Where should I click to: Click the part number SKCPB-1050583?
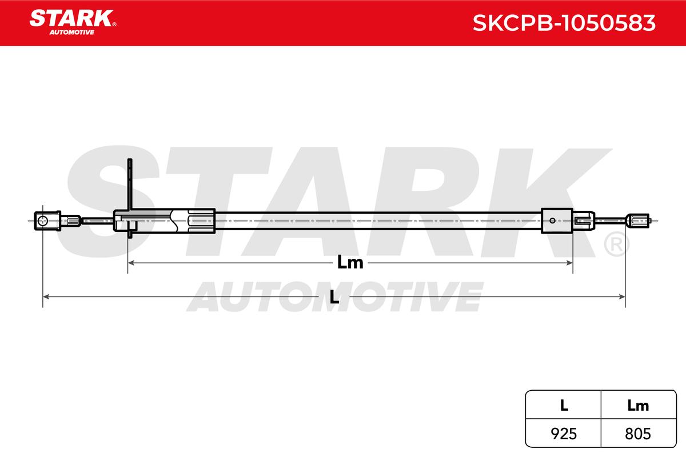click(564, 23)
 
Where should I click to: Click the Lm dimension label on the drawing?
click(350, 263)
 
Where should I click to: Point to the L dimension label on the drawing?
click(334, 297)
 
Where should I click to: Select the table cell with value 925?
click(563, 434)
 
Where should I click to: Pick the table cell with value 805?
click(639, 434)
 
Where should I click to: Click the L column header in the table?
click(564, 405)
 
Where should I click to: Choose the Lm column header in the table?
click(639, 405)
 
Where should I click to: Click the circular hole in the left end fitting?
click(42, 221)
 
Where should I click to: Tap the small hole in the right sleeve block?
click(552, 221)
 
